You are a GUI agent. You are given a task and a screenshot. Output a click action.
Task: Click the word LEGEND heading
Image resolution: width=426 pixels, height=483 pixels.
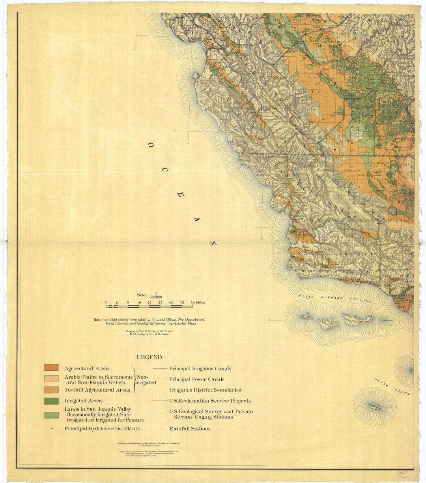pos(149,358)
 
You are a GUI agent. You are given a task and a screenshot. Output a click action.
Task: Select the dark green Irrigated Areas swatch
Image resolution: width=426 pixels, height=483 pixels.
pos(51,401)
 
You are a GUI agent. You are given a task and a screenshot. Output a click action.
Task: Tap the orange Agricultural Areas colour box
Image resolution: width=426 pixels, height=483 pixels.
pos(51,368)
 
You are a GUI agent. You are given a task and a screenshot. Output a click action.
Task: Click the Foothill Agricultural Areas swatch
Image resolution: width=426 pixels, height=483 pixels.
pos(51,390)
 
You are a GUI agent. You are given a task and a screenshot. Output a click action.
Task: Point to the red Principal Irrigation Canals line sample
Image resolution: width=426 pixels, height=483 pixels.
pos(159,369)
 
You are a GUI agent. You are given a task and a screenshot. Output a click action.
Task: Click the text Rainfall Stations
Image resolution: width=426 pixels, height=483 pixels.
pos(190,429)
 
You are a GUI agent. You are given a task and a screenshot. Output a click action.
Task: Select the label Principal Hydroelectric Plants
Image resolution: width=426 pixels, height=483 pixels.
pos(102,428)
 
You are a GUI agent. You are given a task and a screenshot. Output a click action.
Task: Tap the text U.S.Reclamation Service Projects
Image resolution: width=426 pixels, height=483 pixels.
pos(210,401)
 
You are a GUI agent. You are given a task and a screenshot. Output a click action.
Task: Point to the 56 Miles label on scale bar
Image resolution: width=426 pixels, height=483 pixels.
pos(198,303)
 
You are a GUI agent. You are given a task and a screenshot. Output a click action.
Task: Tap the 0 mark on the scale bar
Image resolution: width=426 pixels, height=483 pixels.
pos(117,303)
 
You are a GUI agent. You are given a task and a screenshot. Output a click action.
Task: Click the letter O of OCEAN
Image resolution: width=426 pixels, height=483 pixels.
pos(150,145)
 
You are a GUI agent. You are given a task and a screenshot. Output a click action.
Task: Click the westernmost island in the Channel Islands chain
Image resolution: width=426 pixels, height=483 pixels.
pos(306,316)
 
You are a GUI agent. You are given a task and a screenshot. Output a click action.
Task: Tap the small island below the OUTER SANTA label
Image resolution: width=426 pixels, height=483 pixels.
pos(374,406)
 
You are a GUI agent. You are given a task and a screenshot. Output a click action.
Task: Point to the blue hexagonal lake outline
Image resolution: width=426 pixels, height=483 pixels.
pos(392,210)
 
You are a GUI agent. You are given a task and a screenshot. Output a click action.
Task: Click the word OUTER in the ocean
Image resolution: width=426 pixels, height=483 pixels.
pos(381,383)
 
